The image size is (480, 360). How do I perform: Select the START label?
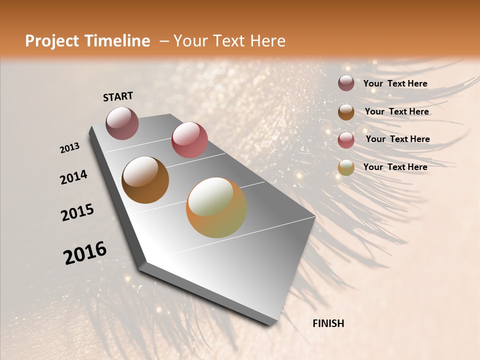[x=118, y=96]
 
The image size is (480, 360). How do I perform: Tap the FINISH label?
[x=328, y=323]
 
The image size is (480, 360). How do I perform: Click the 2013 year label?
[x=69, y=148]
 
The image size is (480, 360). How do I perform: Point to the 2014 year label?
[x=73, y=177]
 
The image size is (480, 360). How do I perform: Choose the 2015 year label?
[x=77, y=212]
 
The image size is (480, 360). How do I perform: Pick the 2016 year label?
[x=85, y=253]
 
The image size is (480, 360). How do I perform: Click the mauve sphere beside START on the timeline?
[x=122, y=123]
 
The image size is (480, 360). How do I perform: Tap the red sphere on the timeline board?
[x=189, y=140]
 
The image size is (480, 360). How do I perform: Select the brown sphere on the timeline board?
[x=145, y=180]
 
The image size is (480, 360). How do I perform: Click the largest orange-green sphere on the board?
[x=216, y=207]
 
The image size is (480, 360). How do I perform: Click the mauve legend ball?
[x=346, y=83]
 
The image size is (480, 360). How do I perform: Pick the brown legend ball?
[x=346, y=111]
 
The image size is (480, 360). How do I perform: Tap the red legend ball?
[x=346, y=139]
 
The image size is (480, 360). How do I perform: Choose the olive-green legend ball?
[x=346, y=167]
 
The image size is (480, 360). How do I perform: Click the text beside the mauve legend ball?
[x=395, y=83]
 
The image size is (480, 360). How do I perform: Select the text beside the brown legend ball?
[x=396, y=111]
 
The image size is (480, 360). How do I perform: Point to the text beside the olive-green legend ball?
[x=395, y=167]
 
